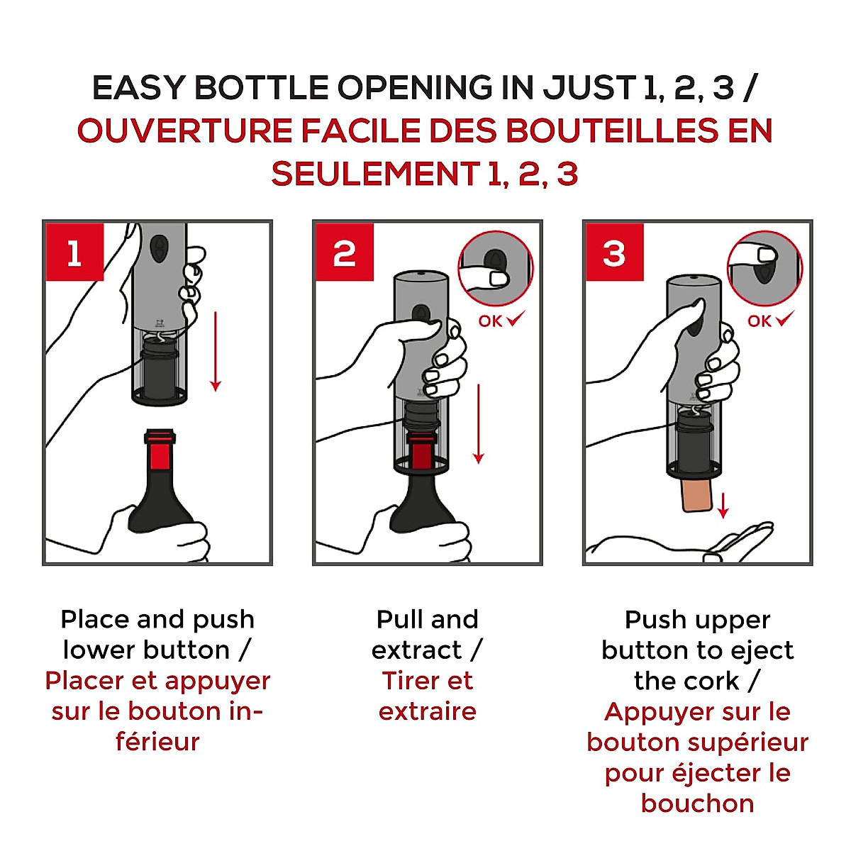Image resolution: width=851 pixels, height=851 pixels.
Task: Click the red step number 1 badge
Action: tap(74, 252)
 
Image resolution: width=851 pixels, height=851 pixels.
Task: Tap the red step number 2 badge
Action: tap(345, 252)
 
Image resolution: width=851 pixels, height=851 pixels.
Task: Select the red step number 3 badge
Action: tap(614, 252)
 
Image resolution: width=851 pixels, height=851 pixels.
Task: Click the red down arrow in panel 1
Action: tap(216, 352)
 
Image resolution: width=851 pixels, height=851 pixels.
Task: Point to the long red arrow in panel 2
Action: tap(479, 424)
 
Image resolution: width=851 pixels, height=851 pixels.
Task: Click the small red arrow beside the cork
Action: tap(723, 506)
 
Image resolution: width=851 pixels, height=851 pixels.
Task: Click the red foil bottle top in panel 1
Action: tap(160, 450)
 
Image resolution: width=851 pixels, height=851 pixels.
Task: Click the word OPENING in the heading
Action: tap(415, 87)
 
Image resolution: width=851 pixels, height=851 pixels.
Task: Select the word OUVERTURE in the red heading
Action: tap(184, 130)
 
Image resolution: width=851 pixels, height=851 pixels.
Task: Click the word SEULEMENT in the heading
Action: tap(376, 174)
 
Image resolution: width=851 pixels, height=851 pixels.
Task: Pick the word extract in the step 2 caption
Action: tap(416, 650)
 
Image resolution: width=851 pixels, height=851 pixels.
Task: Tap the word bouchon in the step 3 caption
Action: tap(698, 803)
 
